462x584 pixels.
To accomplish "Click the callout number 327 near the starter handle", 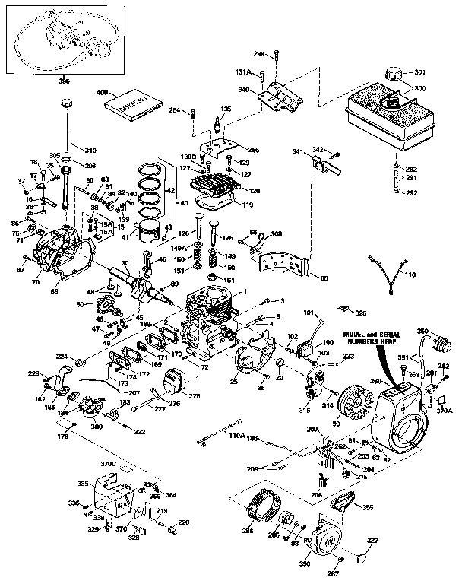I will pos(372,542).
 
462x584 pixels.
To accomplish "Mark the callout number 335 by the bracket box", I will pos(83,483).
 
